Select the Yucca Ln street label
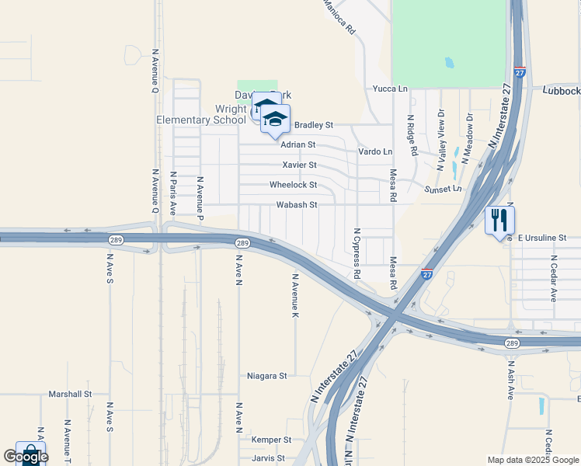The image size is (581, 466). (x=390, y=89)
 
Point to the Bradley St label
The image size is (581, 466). (x=313, y=124)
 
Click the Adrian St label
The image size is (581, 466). (x=298, y=144)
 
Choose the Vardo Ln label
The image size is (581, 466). (x=375, y=151)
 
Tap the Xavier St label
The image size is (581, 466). (x=299, y=165)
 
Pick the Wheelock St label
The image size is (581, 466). (x=293, y=185)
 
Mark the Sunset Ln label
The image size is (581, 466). (x=443, y=189)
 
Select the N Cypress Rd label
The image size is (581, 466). (x=357, y=253)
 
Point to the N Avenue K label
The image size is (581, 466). (x=295, y=295)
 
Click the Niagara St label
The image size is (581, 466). (x=267, y=376)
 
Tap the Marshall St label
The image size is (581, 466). (x=70, y=394)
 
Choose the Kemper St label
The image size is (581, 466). (x=271, y=440)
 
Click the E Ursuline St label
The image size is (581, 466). (x=543, y=237)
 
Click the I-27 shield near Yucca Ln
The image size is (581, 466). (x=520, y=71)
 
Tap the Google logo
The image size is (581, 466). (x=26, y=457)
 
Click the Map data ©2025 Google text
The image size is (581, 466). (x=532, y=460)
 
